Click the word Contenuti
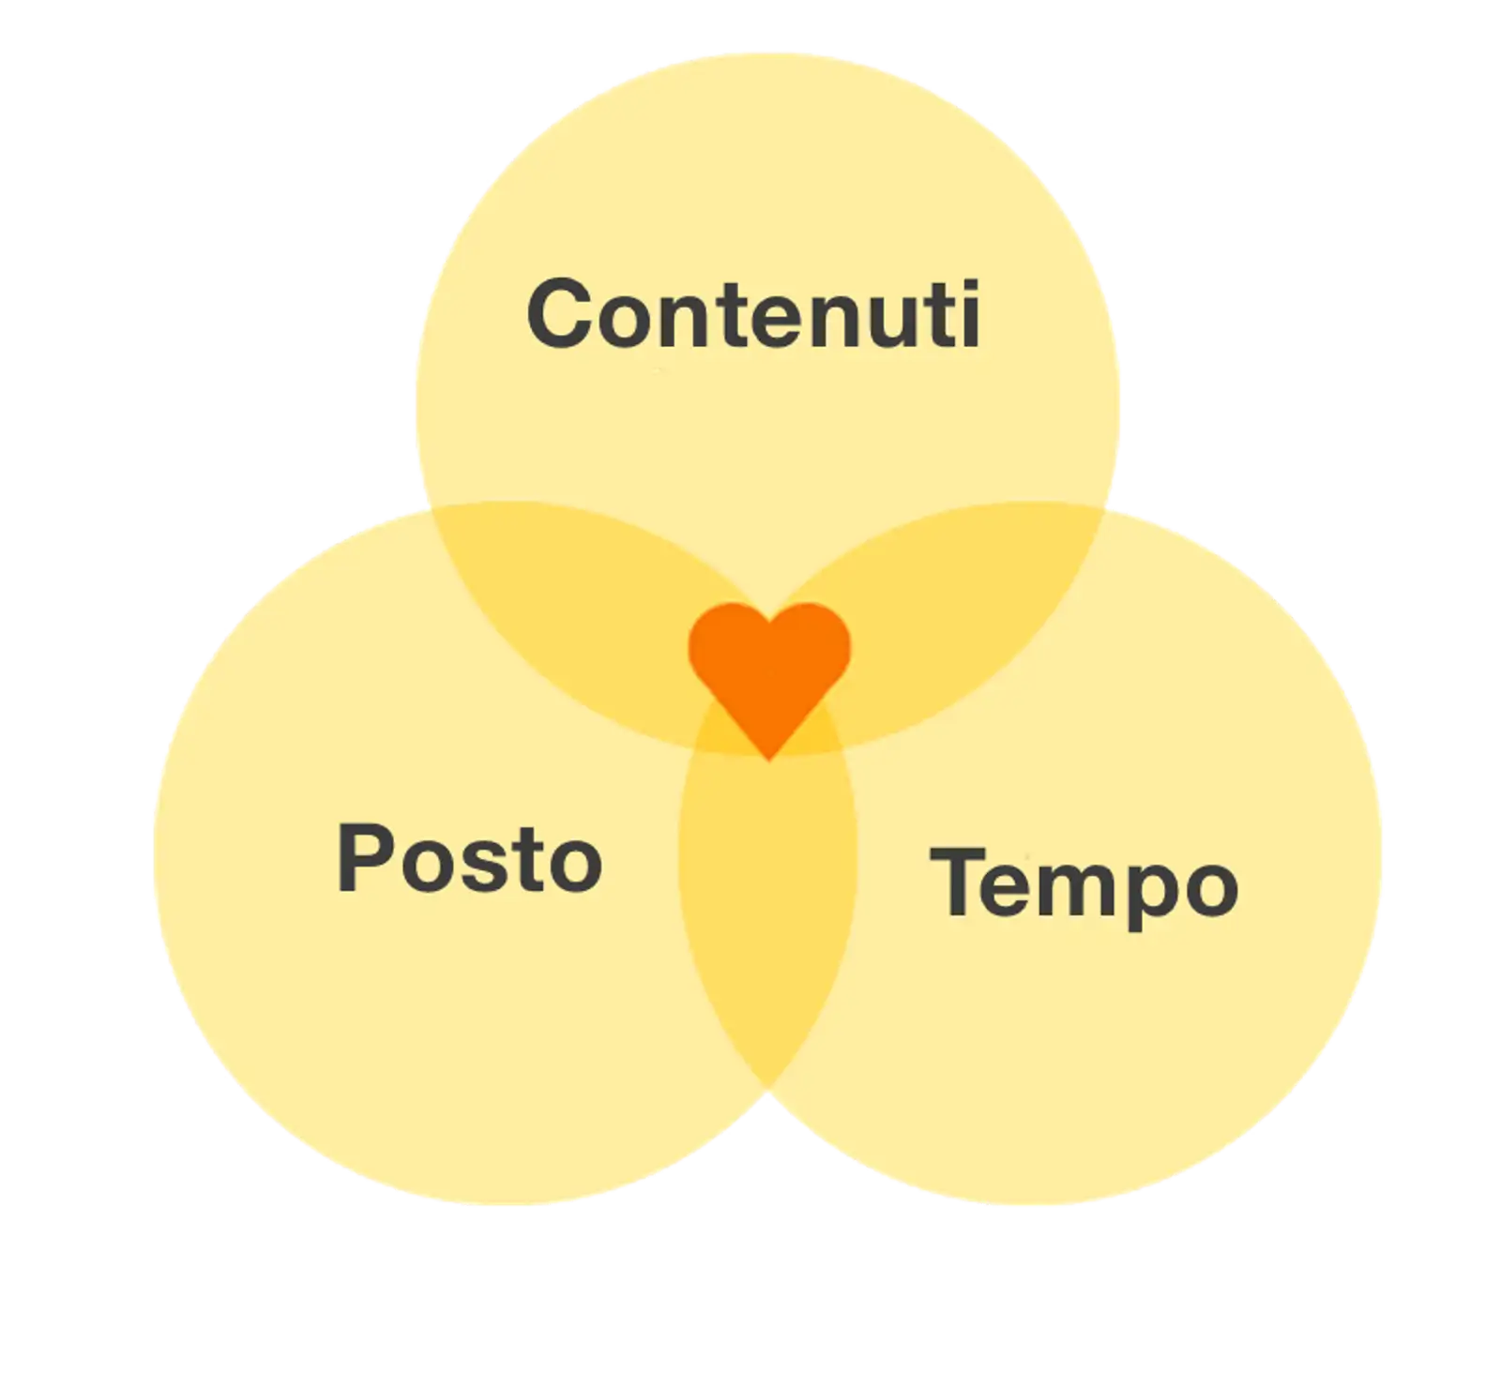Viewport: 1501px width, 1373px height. [753, 314]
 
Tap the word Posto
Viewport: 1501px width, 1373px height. [469, 858]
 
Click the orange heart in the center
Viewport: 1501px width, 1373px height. [769, 671]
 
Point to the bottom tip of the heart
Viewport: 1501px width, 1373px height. [769, 756]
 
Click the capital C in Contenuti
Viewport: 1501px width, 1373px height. [563, 314]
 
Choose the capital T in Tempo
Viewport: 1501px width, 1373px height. [957, 882]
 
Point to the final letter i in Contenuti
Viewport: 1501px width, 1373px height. [970, 314]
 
